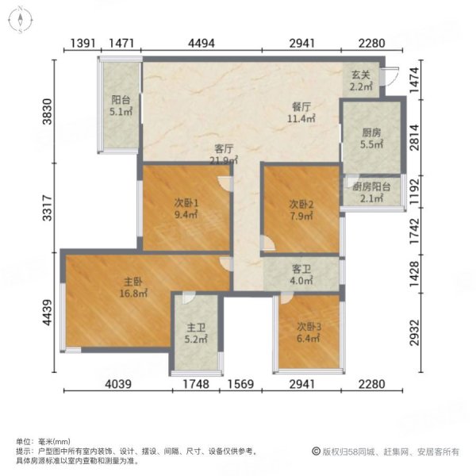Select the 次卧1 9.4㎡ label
tap(186, 207)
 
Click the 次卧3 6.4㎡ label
tap(309, 331)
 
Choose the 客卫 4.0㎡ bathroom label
tap(302, 274)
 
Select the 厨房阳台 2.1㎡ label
tap(371, 193)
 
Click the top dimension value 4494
tap(202, 43)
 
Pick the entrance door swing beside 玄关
tap(388, 77)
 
